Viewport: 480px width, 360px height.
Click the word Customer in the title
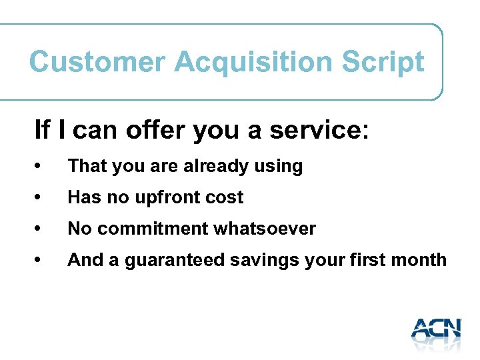tap(97, 62)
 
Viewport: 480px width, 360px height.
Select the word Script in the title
tap(383, 62)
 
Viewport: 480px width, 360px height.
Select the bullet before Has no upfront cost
tap(41, 198)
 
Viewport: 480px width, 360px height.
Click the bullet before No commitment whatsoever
tap(41, 229)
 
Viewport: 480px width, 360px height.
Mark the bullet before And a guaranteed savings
tap(41, 261)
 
